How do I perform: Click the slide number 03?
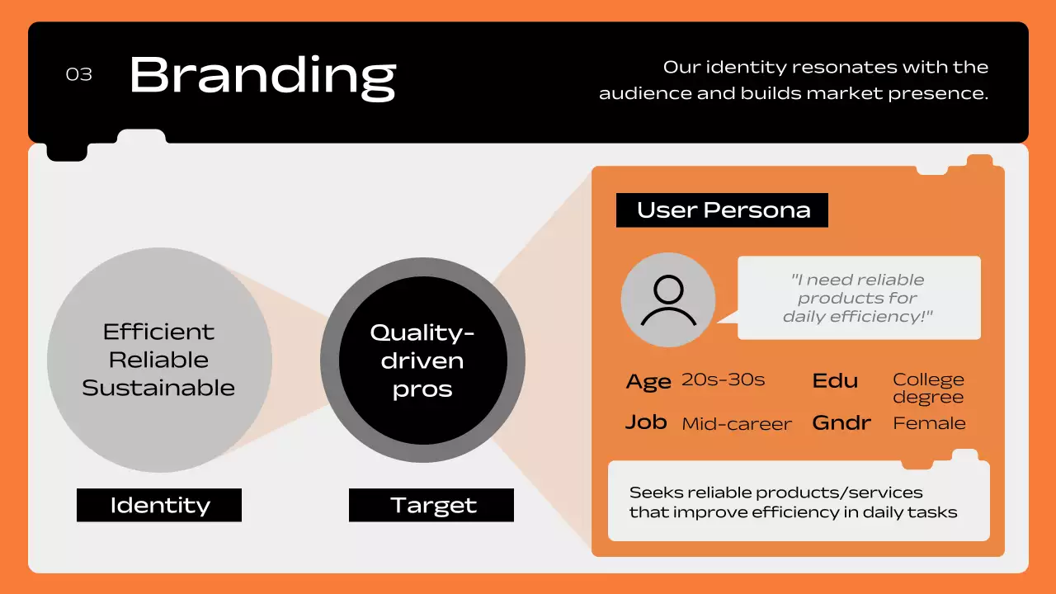(x=79, y=74)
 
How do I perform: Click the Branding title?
(x=262, y=76)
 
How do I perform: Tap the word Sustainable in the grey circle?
(x=158, y=388)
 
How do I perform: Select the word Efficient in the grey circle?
(x=158, y=332)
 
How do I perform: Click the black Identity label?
(x=159, y=505)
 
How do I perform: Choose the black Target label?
(x=431, y=505)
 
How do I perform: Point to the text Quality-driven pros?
(x=422, y=361)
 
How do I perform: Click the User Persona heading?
(x=723, y=210)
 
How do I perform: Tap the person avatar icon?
(x=667, y=300)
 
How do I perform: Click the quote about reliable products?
(x=858, y=298)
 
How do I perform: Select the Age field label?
(x=648, y=382)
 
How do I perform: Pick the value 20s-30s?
(x=723, y=380)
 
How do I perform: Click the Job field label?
(x=646, y=422)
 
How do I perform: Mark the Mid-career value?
(x=736, y=424)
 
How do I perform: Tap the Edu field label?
(x=835, y=380)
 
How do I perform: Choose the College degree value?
(x=928, y=388)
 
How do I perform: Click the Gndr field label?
(x=841, y=422)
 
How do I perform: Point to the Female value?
(x=929, y=423)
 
